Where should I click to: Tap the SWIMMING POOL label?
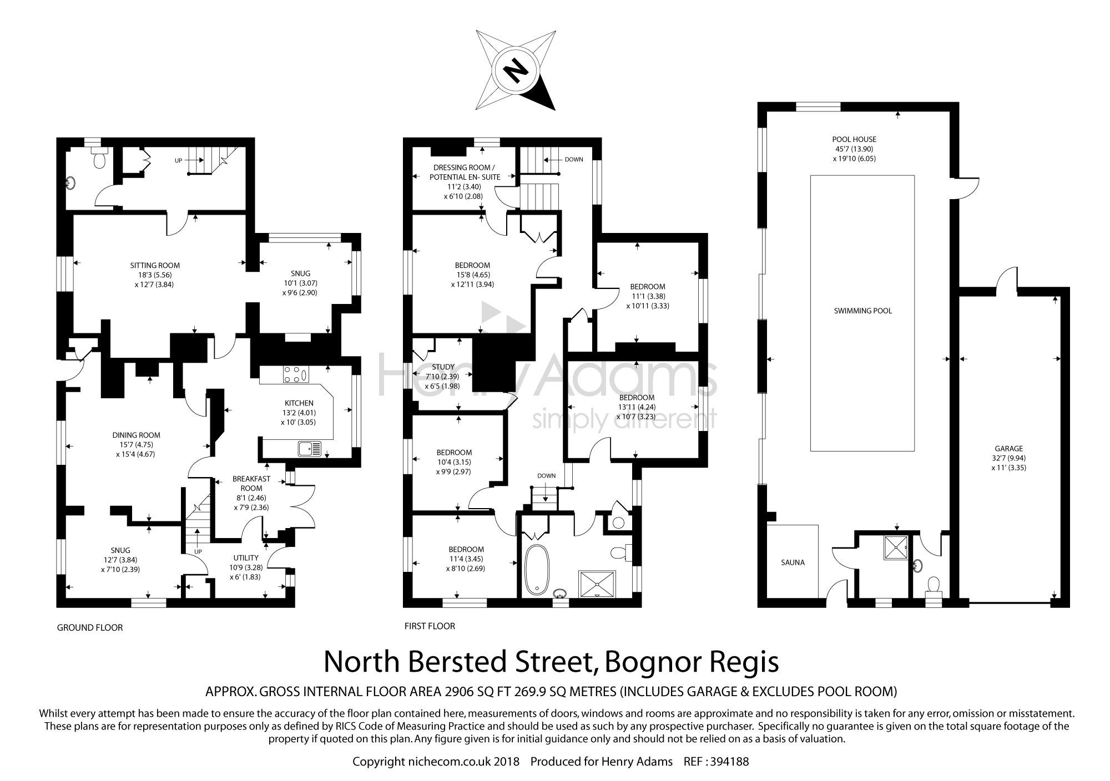[862, 311]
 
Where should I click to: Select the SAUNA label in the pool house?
[793, 562]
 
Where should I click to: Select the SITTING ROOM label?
[155, 265]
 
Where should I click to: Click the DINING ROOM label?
[136, 435]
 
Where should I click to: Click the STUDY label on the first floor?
[442, 367]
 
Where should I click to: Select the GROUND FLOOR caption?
[90, 627]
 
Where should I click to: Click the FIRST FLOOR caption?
[430, 626]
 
